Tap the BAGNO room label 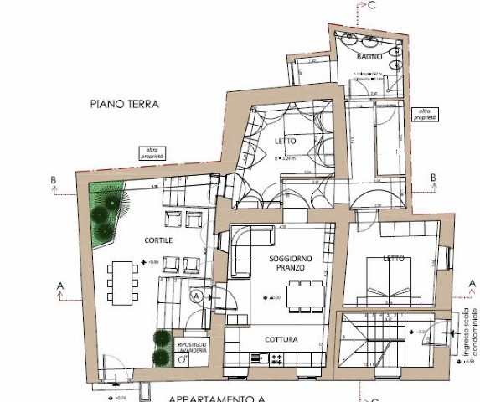point(369,57)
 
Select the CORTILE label point(136,240)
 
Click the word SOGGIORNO point(292,259)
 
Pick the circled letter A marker point(197,296)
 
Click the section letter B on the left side point(54,180)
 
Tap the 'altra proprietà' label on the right point(427,115)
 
